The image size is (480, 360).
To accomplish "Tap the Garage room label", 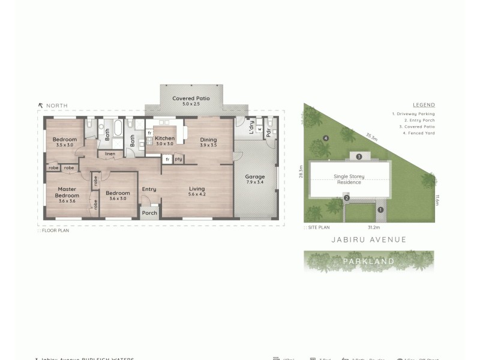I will pos(255,177).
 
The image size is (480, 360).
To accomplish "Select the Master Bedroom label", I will pos(67,192).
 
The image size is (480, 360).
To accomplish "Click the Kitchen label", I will pos(164,138).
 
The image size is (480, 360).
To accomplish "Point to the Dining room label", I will pos(208,140).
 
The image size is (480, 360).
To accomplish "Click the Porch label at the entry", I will pos(149,213).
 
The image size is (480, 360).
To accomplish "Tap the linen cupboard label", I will pos(110,154).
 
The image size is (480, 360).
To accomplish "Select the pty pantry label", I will pos(178,158).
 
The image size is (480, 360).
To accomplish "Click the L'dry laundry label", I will pos(252,127).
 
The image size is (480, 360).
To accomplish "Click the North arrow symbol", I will pos(40,106).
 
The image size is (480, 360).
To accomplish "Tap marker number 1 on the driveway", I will pos(380,209).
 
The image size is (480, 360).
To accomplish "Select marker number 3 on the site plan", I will pos(358,156).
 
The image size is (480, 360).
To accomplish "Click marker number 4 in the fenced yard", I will pos(326,139).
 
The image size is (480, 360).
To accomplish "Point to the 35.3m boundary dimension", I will pos(372,137).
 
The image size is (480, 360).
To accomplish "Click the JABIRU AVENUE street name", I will pos(369,239).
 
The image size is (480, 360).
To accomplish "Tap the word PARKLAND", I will pos(368,261).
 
